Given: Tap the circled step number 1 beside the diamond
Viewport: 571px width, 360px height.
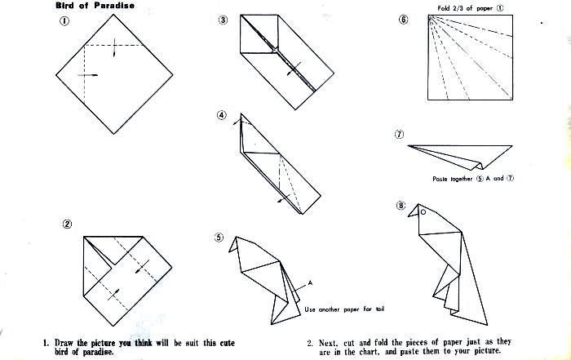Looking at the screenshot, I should click(x=64, y=23).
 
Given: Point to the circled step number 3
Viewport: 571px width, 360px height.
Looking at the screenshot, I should click(x=223, y=20).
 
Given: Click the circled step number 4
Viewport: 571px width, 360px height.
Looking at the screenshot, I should click(x=222, y=115).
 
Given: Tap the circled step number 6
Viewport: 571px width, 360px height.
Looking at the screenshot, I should click(x=403, y=20).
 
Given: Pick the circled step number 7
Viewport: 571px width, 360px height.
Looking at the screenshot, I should click(x=399, y=134).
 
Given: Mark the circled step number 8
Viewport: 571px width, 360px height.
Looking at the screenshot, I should click(x=401, y=206).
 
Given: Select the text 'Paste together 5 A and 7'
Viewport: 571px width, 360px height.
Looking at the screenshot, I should click(x=474, y=178).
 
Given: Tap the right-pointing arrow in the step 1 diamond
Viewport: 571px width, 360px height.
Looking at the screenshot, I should click(x=88, y=75).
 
